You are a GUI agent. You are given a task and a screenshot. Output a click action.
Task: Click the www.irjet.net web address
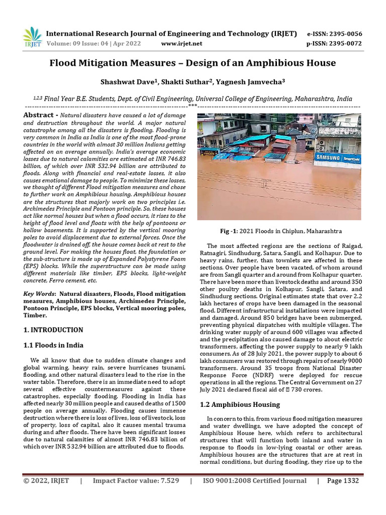[x=181, y=44]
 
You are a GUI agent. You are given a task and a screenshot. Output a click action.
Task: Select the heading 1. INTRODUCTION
[x=54, y=330]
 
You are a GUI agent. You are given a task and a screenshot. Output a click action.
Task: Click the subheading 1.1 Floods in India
[x=54, y=346]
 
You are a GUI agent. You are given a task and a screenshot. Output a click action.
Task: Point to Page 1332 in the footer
[x=343, y=481]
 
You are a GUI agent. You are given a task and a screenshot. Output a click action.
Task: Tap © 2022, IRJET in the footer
[x=47, y=481]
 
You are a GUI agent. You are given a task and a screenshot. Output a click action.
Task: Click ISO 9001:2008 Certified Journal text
[x=254, y=481]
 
